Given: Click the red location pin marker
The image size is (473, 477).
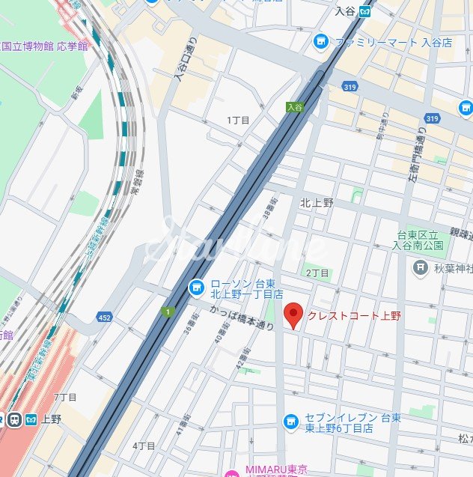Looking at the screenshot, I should click(294, 316).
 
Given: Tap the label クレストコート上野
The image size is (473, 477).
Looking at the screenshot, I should click(354, 316).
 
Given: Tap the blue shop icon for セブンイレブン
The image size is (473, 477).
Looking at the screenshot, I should click(291, 423).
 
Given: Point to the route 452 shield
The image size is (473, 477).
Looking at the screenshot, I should click(105, 317).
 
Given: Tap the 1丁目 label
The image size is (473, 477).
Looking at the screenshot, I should click(238, 120).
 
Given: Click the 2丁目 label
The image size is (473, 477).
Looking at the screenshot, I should click(317, 273).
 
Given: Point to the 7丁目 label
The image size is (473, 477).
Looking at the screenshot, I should click(65, 396).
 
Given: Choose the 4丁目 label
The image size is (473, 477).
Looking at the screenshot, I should click(144, 446).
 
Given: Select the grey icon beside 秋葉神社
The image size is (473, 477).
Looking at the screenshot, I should click(421, 267).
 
